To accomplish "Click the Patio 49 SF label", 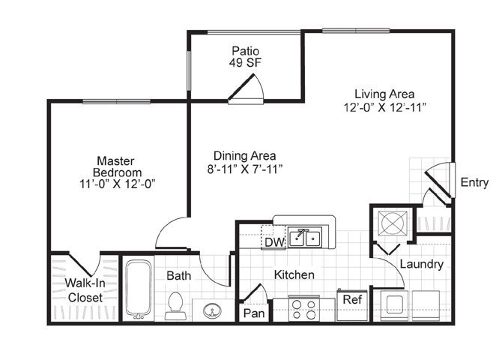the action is point(245,57).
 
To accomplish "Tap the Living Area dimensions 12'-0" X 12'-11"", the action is point(385,107).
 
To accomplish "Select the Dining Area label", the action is point(245,156).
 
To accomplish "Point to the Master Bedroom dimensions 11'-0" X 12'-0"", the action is point(117,184).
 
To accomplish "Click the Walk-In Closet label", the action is point(85,290).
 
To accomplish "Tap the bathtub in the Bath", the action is point(139,289).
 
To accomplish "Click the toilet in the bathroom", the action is point(175,305).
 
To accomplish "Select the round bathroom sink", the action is point(212,310).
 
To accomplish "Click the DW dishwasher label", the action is point(274,242).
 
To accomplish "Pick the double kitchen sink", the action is point(305,238).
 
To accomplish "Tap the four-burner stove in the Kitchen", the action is point(304,309).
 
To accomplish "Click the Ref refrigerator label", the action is point(352,300).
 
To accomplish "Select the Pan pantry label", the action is point(254,313).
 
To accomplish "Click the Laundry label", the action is point(422,264).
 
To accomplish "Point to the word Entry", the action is point(474,182).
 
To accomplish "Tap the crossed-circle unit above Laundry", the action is point(393,223).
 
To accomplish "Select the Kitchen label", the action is point(294,274).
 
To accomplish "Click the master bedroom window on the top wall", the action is point(117,101).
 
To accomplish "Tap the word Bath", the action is point(178,275).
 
